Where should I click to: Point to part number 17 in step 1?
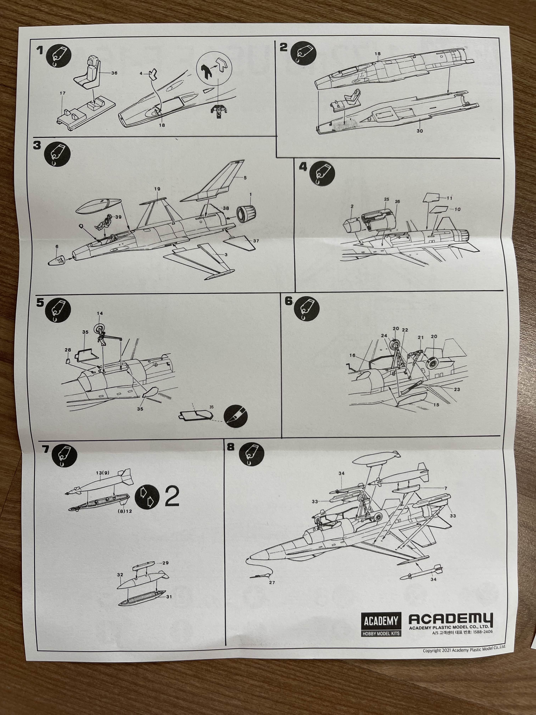(63, 93)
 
